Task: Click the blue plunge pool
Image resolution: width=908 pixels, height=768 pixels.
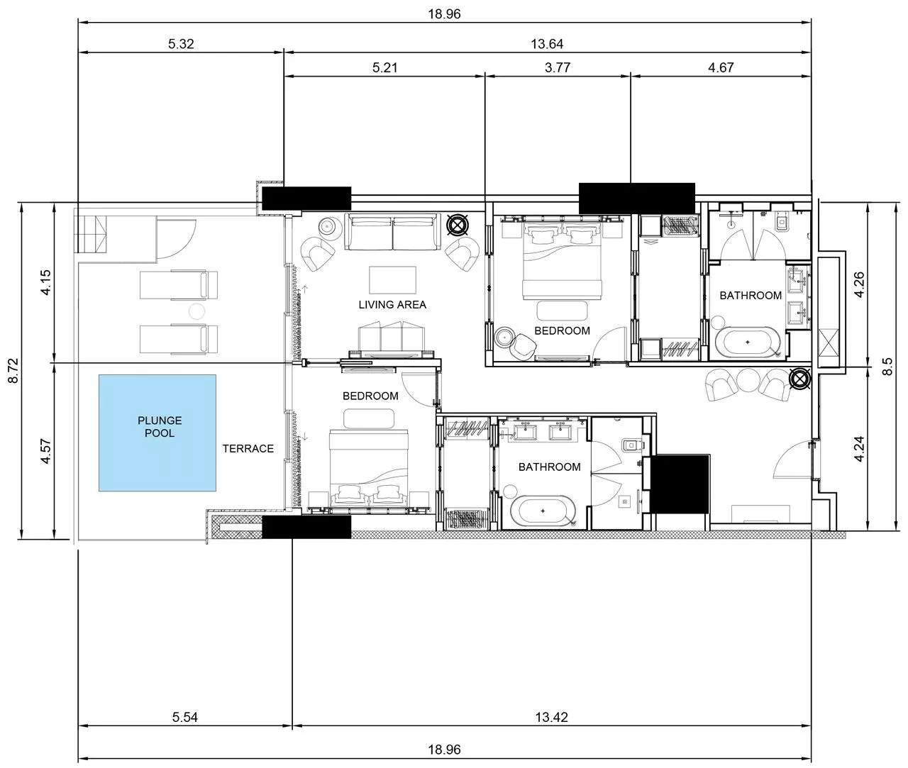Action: click(157, 433)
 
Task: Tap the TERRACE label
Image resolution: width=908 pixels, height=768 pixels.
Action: click(248, 448)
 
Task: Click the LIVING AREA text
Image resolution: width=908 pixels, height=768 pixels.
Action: click(392, 304)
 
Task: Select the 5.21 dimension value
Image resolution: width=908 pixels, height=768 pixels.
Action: click(384, 67)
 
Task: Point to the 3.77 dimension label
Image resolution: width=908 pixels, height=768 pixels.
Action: click(558, 67)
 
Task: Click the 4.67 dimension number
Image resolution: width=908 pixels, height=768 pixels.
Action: click(721, 67)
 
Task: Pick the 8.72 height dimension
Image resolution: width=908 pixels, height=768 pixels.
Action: click(13, 371)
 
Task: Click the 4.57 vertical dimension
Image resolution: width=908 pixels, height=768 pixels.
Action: click(46, 452)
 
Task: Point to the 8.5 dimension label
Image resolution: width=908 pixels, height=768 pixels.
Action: click(887, 367)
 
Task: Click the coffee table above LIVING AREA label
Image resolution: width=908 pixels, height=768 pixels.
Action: click(392, 279)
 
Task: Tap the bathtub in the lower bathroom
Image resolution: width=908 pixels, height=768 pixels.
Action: click(543, 511)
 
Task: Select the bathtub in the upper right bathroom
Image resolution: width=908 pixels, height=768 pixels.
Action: click(748, 342)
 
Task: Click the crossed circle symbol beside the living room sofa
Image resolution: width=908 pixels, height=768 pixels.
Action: click(458, 226)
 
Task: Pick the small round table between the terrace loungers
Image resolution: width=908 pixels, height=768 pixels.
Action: click(196, 311)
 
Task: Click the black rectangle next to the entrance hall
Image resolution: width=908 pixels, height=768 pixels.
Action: click(680, 484)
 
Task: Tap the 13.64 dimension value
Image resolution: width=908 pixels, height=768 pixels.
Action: click(547, 44)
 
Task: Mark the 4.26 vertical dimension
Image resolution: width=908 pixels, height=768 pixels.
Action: click(860, 284)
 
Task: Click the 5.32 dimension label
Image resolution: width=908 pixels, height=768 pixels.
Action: click(181, 44)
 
